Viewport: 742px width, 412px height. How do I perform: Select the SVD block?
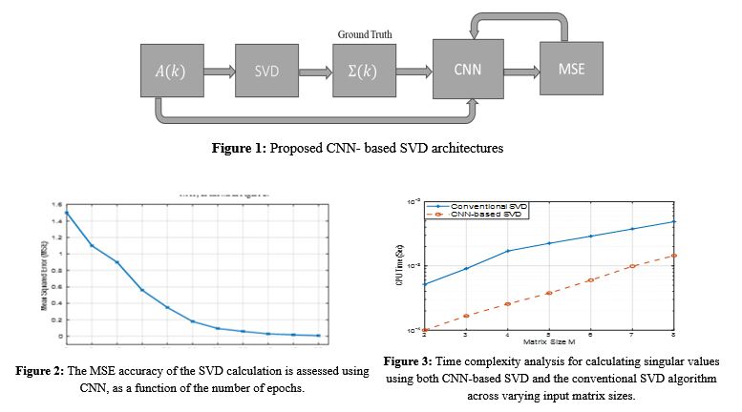click(267, 70)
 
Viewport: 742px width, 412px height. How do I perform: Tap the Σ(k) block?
click(364, 70)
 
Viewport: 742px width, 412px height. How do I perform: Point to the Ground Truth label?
click(365, 34)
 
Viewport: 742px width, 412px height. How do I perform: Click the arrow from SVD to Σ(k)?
click(315, 70)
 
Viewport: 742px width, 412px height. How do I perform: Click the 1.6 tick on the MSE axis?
click(56, 204)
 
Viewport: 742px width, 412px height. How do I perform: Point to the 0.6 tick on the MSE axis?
click(56, 286)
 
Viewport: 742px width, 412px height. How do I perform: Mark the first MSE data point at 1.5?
click(67, 212)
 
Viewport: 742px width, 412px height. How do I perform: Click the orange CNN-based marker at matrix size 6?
click(590, 280)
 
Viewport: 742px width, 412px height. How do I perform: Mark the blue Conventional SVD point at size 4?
click(507, 251)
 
